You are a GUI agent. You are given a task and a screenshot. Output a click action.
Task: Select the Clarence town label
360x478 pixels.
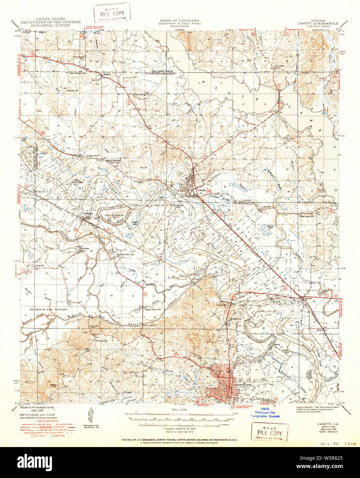[x=307, y=298]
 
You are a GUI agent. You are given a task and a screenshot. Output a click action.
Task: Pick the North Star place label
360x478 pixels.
[x=84, y=248]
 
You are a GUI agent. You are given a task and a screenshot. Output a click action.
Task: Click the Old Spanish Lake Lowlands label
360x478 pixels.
[x=48, y=309]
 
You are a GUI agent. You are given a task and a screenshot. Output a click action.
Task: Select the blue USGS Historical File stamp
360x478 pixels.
[x=267, y=412]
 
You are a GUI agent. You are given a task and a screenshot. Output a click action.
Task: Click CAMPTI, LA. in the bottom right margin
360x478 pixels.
[x=325, y=425]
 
